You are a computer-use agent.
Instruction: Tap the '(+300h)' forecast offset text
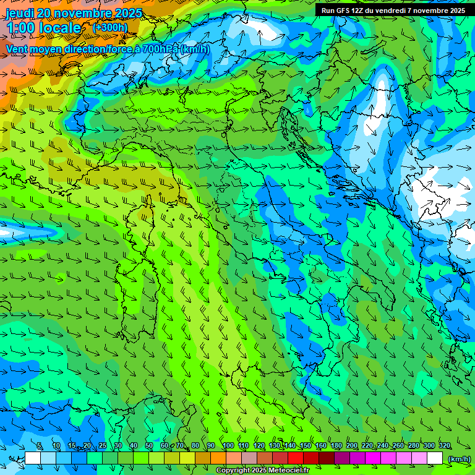pyautogui.click(x=110, y=28)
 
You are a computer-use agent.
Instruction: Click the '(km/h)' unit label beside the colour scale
pyautogui.click(x=458, y=459)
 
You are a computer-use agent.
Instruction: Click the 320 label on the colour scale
pyautogui.click(x=445, y=446)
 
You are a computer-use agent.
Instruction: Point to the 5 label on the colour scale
pyautogui.click(x=39, y=446)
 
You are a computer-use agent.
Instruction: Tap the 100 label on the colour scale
pyautogui.click(x=228, y=446)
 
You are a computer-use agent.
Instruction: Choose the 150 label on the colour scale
pyautogui.click(x=305, y=446)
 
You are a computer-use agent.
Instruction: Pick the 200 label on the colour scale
pyautogui.click(x=352, y=446)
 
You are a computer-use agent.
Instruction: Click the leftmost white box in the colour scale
pyautogui.click(x=33, y=458)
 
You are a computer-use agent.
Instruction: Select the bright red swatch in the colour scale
pyautogui.click(x=296, y=458)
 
